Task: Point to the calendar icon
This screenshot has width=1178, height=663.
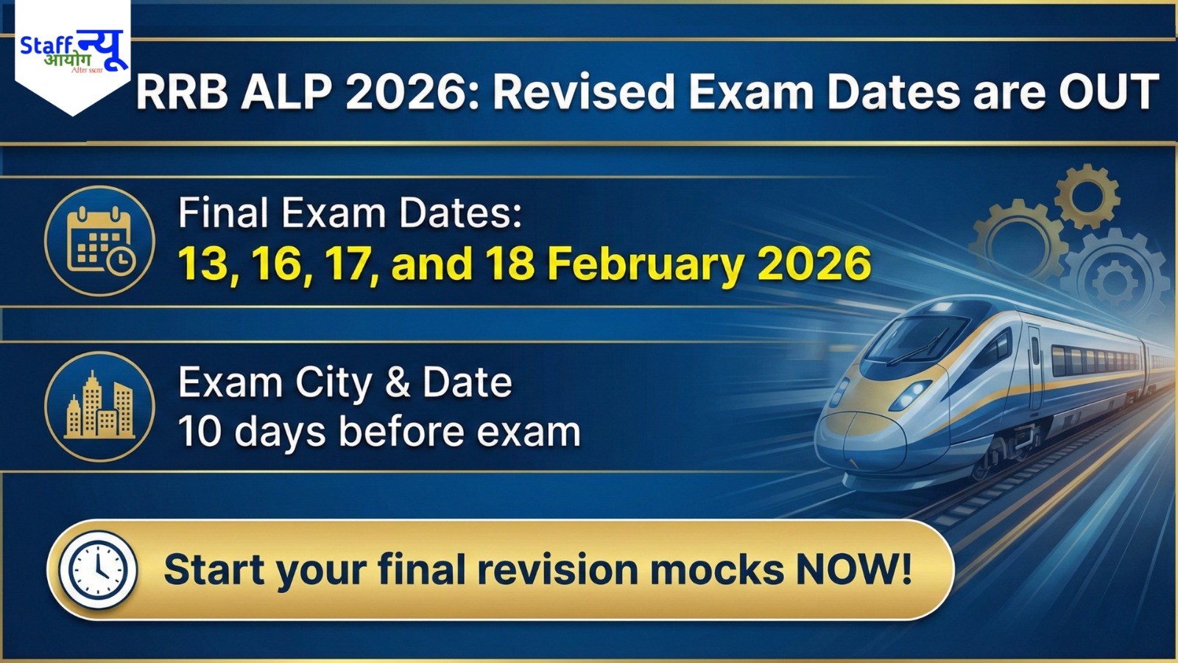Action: [x=99, y=241]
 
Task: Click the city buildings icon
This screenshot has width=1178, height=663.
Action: [x=99, y=407]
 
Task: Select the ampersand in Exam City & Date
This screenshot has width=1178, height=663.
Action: [x=398, y=383]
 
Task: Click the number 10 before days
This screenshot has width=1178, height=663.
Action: [x=200, y=432]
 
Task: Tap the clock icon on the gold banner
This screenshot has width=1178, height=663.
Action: [x=98, y=569]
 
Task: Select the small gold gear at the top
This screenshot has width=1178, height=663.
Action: [x=1087, y=196]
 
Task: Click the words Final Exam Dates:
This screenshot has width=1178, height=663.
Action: [x=350, y=214]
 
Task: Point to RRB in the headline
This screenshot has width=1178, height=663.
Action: [x=182, y=93]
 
